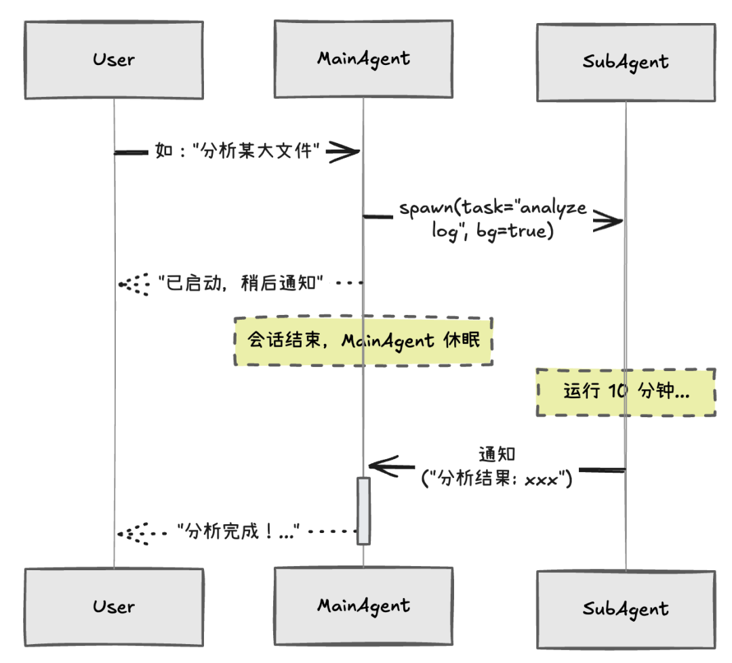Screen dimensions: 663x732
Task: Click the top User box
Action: (113, 60)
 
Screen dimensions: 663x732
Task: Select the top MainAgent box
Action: (363, 59)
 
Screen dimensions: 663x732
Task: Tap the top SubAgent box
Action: (625, 62)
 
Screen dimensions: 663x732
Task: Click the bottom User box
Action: (113, 606)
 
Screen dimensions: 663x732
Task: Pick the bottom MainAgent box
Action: (363, 605)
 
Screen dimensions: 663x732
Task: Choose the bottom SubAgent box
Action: (625, 608)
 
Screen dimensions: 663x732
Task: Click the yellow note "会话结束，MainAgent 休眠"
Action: (363, 341)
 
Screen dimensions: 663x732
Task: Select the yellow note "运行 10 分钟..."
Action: (626, 392)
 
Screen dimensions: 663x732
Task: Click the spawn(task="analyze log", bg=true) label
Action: (492, 219)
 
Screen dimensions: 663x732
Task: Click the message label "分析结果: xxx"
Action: (497, 479)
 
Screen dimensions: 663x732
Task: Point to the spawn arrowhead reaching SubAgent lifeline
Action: (608, 220)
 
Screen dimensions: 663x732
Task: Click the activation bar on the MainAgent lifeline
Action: (363, 511)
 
